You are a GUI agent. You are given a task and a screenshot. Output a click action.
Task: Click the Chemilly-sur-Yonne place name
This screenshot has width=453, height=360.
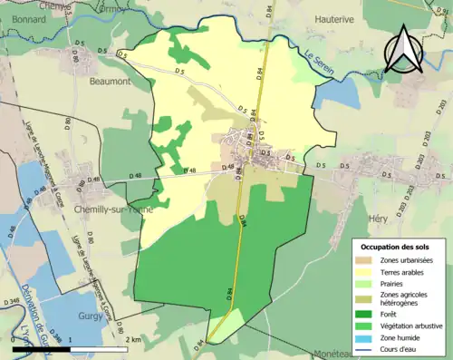click(x=112, y=208)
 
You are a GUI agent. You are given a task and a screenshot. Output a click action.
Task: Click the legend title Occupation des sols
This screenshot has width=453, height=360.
click(x=396, y=247)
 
